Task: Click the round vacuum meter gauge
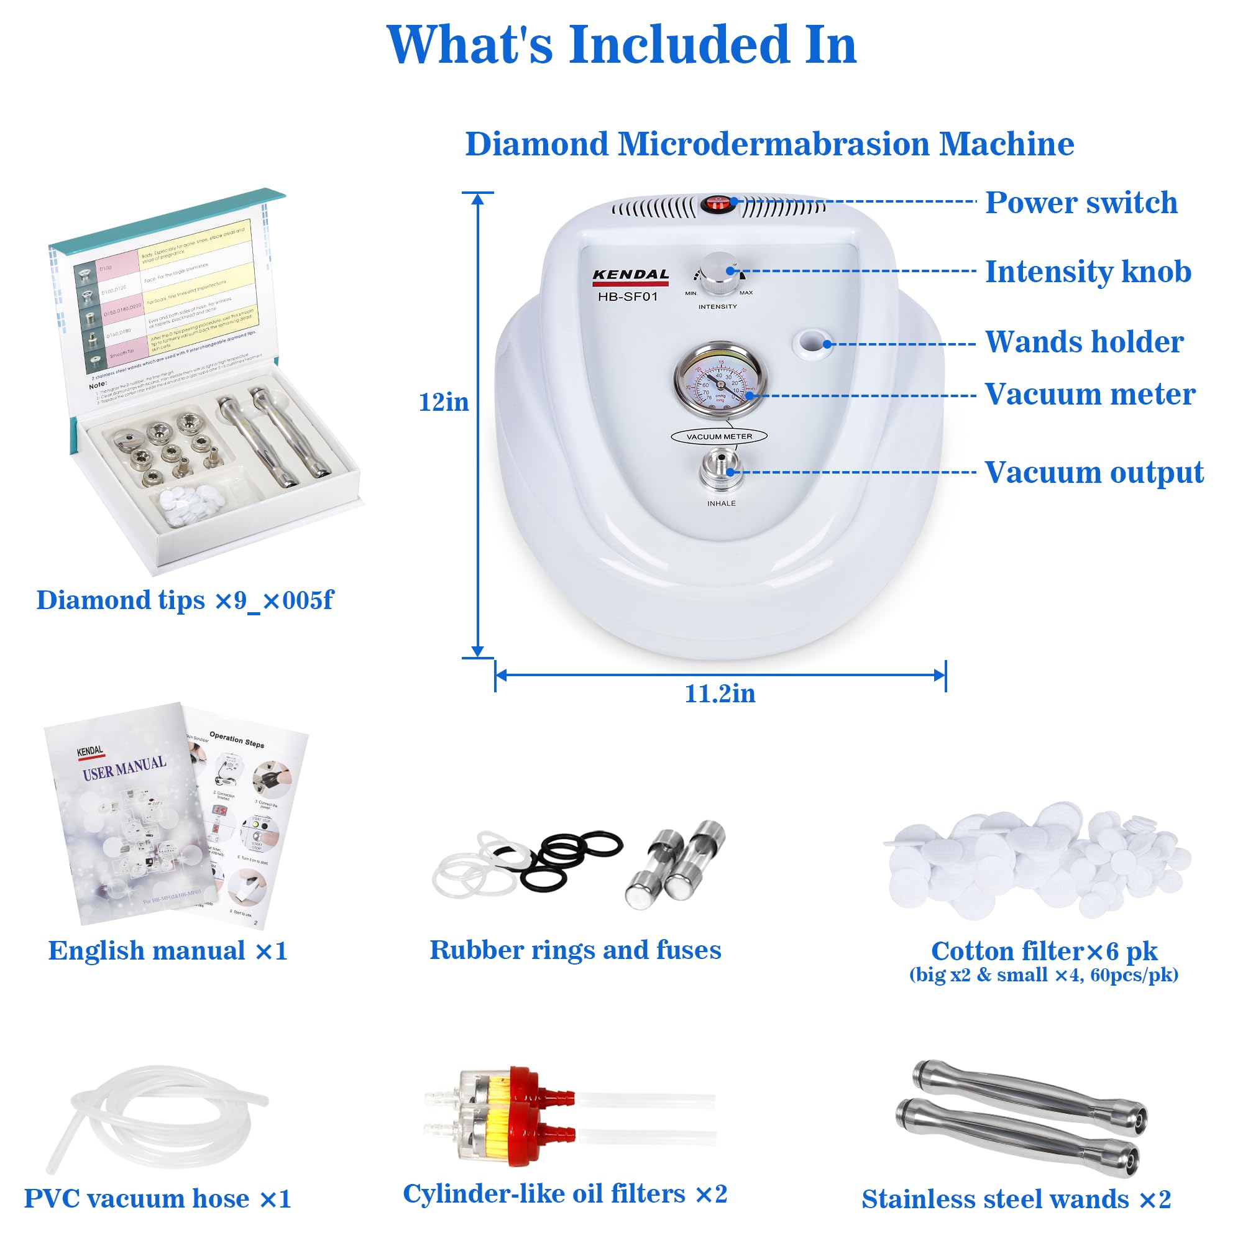720,383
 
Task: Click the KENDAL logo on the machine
630,275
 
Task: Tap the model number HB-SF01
627,296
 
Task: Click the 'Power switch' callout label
1081,203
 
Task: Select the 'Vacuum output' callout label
1094,472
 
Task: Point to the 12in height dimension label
443,402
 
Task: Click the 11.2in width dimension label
720,694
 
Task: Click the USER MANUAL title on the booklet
124,767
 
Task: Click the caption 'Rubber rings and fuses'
575,950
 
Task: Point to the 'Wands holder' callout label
1084,342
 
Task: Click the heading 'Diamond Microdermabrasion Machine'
769,144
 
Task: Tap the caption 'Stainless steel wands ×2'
1016,1199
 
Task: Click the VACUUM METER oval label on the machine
718,436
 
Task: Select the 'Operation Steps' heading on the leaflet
237,739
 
